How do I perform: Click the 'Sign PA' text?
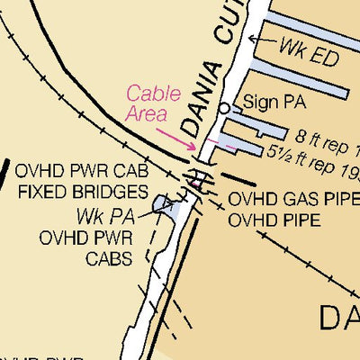275,103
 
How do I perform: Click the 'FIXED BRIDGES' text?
83,192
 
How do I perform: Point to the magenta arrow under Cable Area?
176,138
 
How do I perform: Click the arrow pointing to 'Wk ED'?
261,40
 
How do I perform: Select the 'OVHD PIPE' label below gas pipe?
274,220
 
